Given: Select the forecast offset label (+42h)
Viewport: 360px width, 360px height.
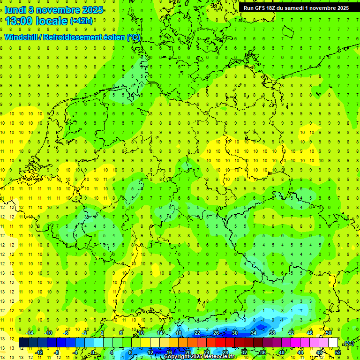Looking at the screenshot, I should coord(81,21).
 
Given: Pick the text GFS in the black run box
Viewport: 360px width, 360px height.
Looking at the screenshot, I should coord(261,8).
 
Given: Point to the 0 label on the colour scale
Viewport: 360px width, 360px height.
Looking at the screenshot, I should coord(93,352).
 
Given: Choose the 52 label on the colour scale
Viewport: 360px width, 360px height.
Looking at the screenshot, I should coord(338,352).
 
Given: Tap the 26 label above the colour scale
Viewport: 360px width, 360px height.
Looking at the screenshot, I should coord(216,333).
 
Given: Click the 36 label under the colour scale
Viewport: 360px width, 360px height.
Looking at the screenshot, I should coord(263,352).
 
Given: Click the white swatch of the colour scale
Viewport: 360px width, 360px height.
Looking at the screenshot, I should coord(333,343).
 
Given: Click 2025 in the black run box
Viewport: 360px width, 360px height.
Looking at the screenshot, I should coord(340,8).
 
